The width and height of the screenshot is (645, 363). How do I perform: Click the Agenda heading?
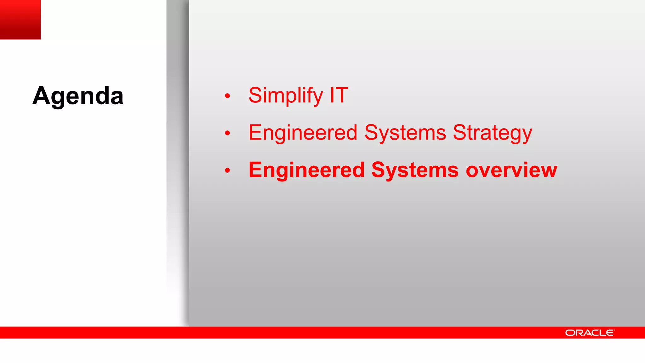78,96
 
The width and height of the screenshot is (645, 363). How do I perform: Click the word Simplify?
285,95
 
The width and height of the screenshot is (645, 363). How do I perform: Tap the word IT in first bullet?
339,95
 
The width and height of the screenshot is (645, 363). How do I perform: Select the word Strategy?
492,133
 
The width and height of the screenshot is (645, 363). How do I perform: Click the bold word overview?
511,170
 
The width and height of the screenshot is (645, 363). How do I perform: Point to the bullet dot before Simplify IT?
227,96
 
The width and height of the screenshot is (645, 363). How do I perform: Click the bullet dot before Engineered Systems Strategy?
227,133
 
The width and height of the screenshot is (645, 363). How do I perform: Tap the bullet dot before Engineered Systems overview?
227,171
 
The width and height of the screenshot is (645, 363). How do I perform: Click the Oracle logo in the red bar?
589,333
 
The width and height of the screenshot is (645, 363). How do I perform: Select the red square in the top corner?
20,20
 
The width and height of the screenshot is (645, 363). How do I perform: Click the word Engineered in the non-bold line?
303,133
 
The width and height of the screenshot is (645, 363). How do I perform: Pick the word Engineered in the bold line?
306,170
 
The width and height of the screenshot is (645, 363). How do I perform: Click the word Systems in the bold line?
415,170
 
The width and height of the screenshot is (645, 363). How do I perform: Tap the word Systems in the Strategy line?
405,133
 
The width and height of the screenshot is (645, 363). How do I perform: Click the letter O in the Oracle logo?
570,333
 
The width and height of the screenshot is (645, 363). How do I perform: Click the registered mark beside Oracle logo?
614,330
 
